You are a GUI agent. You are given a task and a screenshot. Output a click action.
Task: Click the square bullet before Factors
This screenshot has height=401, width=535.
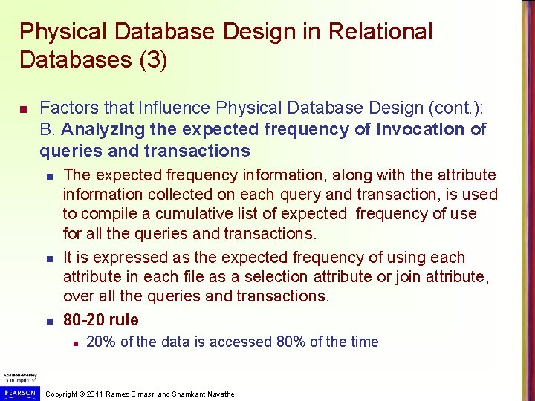tap(23, 110)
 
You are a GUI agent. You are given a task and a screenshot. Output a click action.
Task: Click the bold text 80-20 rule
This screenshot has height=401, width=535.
tap(100, 320)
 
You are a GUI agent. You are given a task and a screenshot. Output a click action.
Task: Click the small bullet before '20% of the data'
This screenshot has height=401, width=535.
tap(75, 342)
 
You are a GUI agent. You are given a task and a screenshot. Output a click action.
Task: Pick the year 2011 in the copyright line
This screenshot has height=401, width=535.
tap(94, 394)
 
